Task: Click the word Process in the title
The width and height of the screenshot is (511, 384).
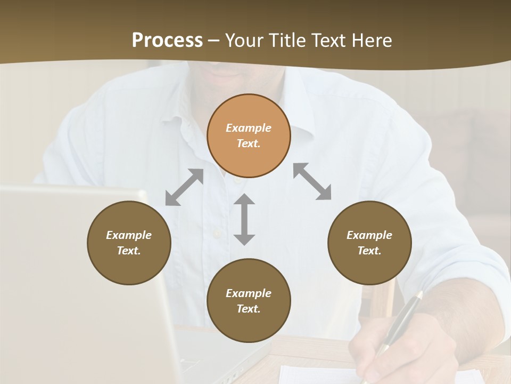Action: tap(167, 41)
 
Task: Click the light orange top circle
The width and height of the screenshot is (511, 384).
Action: tap(249, 135)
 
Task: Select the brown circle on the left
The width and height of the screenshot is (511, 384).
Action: tap(129, 243)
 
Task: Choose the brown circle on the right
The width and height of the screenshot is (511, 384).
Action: tap(369, 243)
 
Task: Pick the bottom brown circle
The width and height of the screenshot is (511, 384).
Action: tap(249, 301)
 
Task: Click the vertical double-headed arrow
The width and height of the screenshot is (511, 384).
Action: tap(244, 219)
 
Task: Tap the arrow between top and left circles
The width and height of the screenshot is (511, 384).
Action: tap(184, 187)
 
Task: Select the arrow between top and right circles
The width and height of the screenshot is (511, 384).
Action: tap(312, 181)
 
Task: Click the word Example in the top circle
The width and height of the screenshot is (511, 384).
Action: tap(249, 128)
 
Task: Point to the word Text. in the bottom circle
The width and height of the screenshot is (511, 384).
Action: tap(249, 309)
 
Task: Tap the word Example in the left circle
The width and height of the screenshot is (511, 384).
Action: tap(129, 235)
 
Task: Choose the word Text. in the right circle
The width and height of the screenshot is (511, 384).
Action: tap(369, 251)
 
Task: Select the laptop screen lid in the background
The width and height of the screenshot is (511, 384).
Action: tap(80, 277)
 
